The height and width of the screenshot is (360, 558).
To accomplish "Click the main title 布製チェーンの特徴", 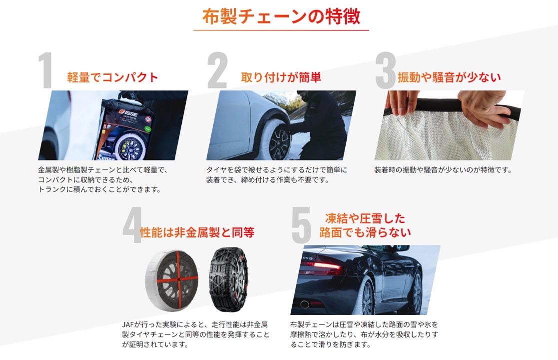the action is coord(281,16).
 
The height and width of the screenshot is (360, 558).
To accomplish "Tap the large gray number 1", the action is coord(46,70).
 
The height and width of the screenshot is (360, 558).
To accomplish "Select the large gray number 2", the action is coord(217,70).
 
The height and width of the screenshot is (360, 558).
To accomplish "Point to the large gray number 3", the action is coord(385,70).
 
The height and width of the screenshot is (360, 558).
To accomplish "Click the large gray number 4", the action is coord(132,225).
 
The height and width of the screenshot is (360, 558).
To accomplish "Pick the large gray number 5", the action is coord(301,225).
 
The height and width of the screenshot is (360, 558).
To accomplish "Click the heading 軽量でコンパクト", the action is coord(112,77).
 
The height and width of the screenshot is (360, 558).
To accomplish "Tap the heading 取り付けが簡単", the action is coord(281,77).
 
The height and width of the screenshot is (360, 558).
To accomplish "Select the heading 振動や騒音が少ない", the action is coord(449,77).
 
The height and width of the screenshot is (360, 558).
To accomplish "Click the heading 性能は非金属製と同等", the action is coord(197,232).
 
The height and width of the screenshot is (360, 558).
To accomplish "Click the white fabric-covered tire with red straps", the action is coord(172,280).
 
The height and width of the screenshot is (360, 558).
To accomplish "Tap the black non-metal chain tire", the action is coord(228,280).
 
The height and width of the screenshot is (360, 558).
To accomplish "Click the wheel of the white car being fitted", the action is coord(279,142).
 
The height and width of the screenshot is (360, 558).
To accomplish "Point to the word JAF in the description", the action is coord(127,324).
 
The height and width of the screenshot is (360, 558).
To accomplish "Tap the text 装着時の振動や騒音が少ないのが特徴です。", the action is coord(443,170).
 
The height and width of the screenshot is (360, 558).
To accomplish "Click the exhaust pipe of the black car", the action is coord(305,304).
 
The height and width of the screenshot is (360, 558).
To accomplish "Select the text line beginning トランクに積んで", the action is coord(99,189).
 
